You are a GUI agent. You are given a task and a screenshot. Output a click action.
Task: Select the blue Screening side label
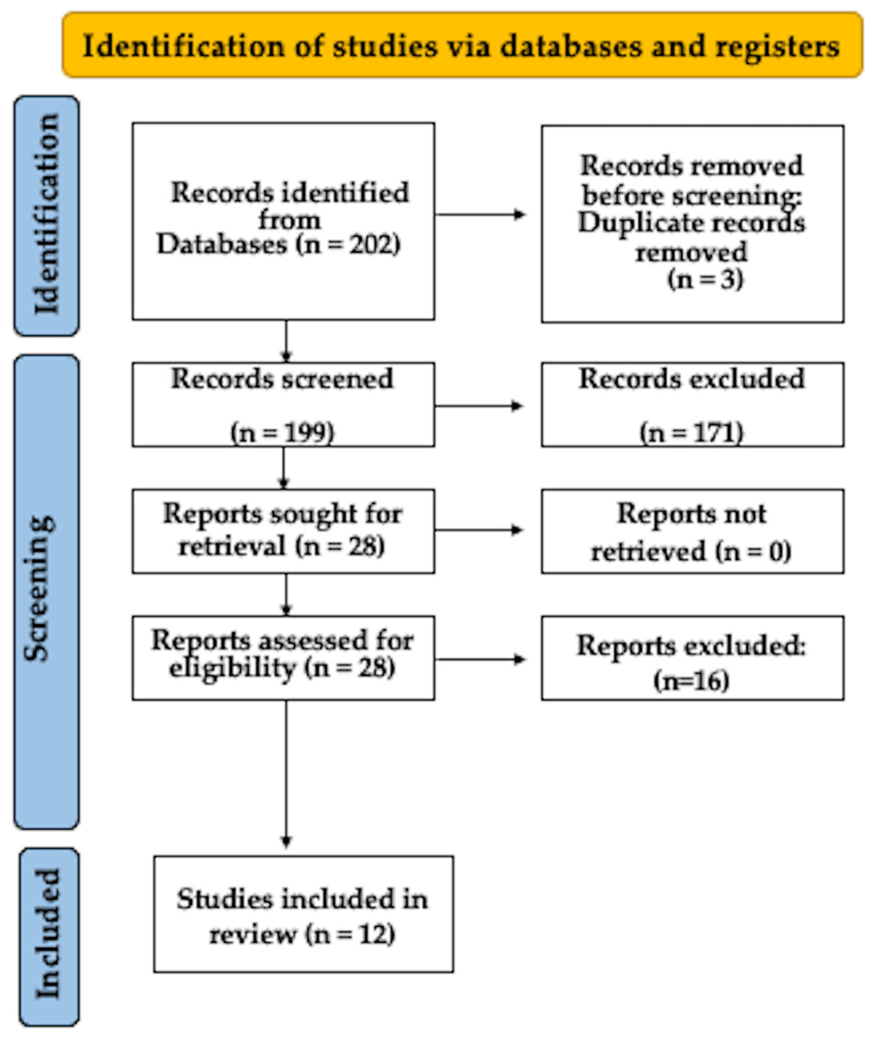tap(47, 591)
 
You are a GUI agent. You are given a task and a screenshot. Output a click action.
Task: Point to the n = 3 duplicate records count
tap(705, 280)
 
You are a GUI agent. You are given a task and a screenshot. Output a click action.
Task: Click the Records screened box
tap(283, 405)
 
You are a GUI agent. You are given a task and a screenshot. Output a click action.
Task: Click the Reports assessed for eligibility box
tap(283, 658)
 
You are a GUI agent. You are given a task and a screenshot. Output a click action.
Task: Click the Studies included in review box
tap(303, 913)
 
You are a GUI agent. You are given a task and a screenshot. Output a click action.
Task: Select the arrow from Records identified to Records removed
tap(480, 215)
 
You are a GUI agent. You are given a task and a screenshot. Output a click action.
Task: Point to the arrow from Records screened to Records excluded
tap(479, 406)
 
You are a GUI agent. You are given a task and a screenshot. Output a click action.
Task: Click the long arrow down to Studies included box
tap(286, 774)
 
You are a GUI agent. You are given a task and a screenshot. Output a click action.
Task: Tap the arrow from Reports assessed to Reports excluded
tap(480, 659)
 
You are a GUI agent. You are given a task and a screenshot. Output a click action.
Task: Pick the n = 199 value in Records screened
tap(283, 433)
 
